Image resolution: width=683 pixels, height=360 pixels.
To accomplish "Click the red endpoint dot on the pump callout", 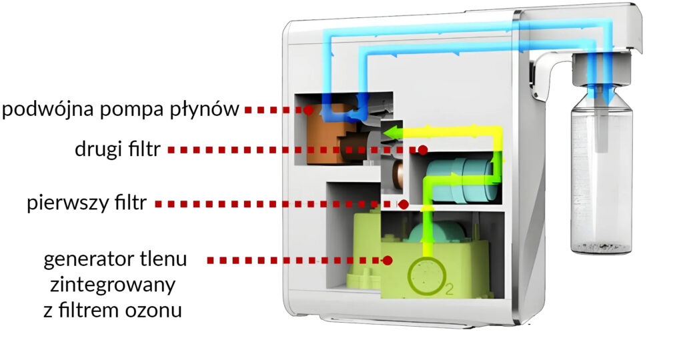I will pos(307,109).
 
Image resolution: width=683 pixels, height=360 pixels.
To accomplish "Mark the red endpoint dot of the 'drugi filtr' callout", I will pos(422,150).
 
